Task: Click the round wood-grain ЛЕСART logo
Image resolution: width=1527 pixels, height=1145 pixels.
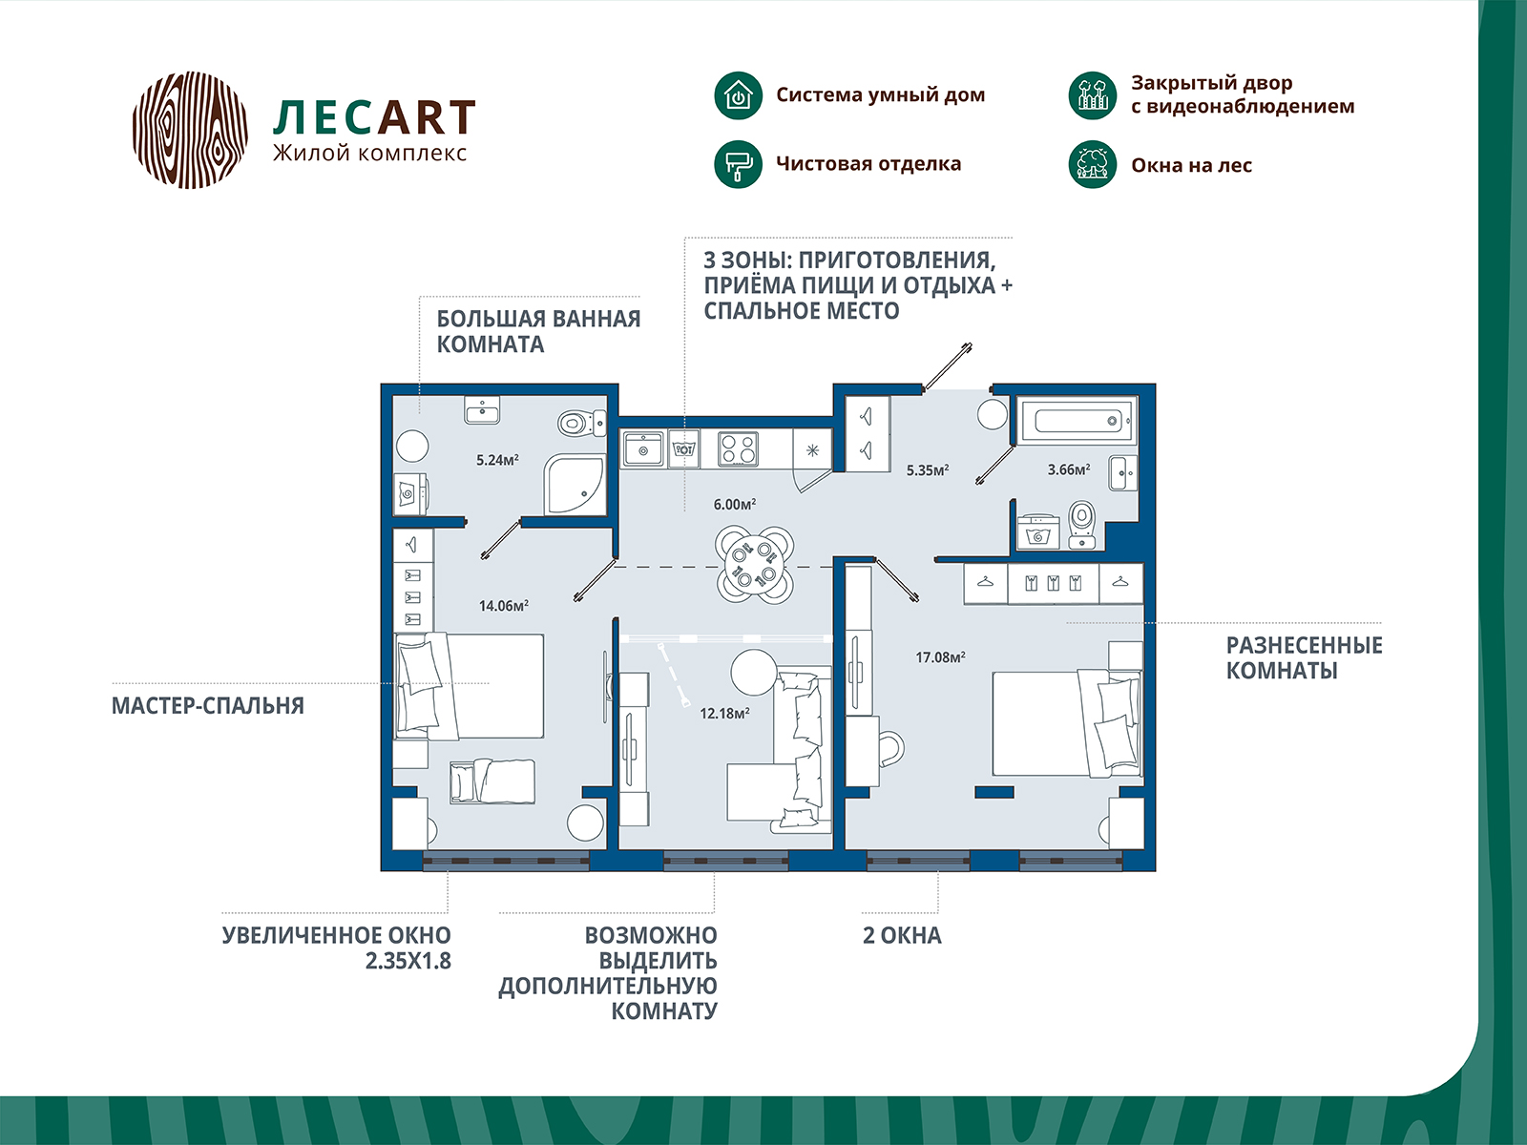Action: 190,130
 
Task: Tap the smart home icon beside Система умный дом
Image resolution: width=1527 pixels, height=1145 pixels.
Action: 738,95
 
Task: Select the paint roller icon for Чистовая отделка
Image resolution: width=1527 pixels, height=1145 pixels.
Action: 738,164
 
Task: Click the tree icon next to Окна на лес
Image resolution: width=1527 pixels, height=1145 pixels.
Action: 1092,165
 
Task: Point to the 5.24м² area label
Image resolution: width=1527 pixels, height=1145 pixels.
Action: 497,460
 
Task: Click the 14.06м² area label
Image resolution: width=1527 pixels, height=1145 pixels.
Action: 504,606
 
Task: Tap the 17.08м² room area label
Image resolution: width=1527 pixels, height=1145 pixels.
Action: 941,657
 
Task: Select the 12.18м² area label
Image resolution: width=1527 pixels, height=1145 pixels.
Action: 725,714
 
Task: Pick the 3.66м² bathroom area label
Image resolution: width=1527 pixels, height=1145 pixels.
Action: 1069,470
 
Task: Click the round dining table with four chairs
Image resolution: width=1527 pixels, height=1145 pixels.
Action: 755,565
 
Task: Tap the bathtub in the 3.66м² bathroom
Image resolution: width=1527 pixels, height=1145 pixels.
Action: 1077,421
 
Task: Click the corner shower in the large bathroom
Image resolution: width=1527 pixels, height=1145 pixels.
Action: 575,485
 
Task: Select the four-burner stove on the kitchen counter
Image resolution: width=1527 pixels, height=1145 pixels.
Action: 738,448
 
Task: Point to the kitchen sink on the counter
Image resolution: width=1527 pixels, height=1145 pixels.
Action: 644,449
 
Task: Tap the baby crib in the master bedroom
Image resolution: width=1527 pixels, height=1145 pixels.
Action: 492,782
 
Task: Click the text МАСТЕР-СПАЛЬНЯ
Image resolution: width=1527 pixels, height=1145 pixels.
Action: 208,706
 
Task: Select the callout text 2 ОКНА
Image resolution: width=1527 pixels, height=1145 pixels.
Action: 902,936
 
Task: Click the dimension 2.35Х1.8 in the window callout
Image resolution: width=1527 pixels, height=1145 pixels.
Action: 408,961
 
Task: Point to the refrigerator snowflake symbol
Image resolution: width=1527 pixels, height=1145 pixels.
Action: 812,450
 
